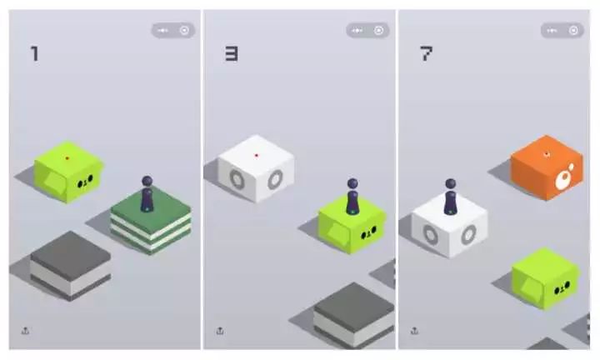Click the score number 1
pyautogui.click(x=35, y=53)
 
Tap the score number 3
pyautogui.click(x=231, y=54)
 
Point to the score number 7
pyautogui.click(x=426, y=53)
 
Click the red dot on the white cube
pyautogui.click(x=257, y=155)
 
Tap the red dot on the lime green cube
pyautogui.click(x=67, y=158)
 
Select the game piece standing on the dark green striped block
pyautogui.click(x=147, y=193)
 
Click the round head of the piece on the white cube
pyautogui.click(x=450, y=183)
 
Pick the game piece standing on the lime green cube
pyautogui.click(x=352, y=197)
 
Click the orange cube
pyautogui.click(x=547, y=167)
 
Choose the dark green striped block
pyautogui.click(x=151, y=221)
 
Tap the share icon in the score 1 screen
pyautogui.click(x=25, y=331)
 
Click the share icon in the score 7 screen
pyautogui.click(x=414, y=331)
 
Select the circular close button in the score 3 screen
pyautogui.click(x=378, y=30)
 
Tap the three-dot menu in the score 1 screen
pyautogui.click(x=163, y=30)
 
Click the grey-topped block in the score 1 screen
pyautogui.click(x=71, y=265)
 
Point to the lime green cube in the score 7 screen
pyautogui.click(x=546, y=278)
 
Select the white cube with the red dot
pyautogui.click(x=256, y=168)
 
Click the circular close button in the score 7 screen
pyautogui.click(x=573, y=30)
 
